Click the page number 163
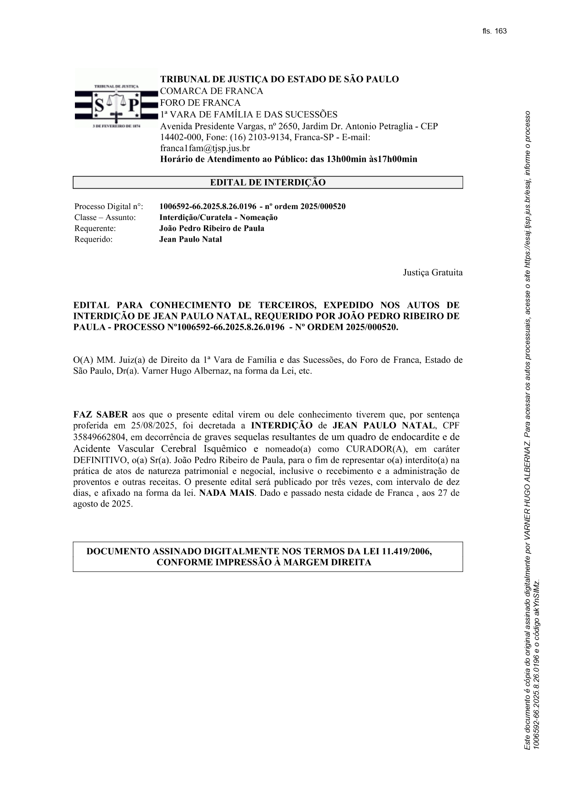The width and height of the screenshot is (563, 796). [x=501, y=31]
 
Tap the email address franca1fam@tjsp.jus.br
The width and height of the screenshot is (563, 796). [x=205, y=148]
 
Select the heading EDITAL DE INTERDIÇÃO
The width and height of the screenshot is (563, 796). [x=267, y=183]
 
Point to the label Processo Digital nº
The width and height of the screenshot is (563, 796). [x=109, y=207]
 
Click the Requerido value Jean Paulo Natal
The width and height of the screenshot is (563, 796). [x=190, y=239]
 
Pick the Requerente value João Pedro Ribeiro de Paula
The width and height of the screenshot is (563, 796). [x=212, y=229]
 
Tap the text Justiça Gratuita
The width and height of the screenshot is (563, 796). [x=433, y=273]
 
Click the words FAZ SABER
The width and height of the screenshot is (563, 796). [x=100, y=415]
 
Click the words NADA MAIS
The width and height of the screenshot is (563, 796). [x=227, y=493]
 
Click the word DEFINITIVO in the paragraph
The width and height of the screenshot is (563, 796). [x=98, y=460]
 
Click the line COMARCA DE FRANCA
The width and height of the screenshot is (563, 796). [x=211, y=91]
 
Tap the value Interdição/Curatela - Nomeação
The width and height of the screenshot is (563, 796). [x=218, y=218]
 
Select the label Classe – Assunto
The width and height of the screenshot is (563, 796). [x=105, y=218]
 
